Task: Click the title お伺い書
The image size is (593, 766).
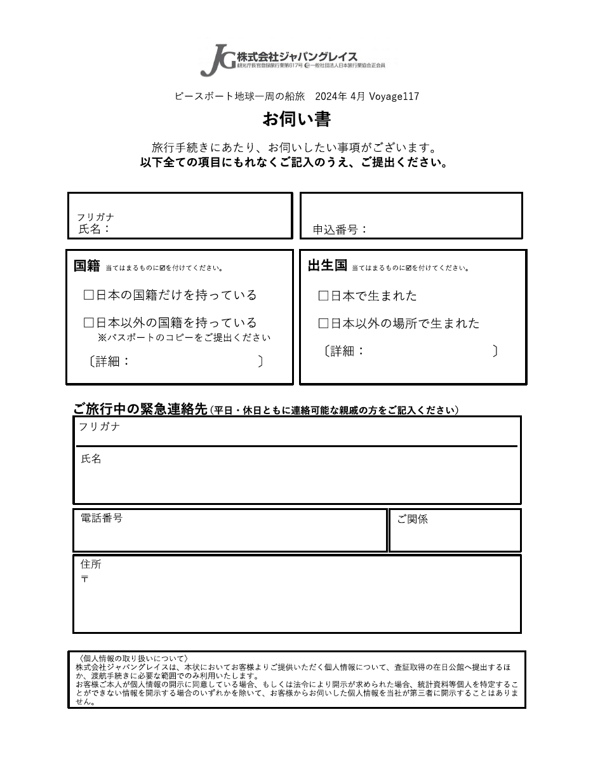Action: [x=296, y=119]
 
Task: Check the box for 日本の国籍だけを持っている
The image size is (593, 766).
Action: [x=89, y=295]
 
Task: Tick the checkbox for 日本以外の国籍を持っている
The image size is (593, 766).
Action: [x=89, y=323]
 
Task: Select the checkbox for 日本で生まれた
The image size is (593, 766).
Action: [x=323, y=296]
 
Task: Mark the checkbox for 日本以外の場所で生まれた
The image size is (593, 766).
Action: [x=323, y=324]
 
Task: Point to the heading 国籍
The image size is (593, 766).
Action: [x=87, y=266]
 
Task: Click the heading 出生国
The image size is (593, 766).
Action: [x=327, y=266]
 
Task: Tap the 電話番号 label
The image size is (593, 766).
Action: [x=102, y=518]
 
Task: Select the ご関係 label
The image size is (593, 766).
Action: [x=413, y=520]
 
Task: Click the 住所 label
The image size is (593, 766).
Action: [x=91, y=564]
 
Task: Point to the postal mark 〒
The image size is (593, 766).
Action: [x=84, y=579]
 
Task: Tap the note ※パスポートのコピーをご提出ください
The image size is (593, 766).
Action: [x=184, y=338]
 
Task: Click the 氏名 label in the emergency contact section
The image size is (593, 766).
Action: [x=91, y=459]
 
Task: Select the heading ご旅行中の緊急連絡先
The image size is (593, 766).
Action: [x=140, y=410]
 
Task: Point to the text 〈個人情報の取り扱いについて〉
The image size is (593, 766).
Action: [x=133, y=659]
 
